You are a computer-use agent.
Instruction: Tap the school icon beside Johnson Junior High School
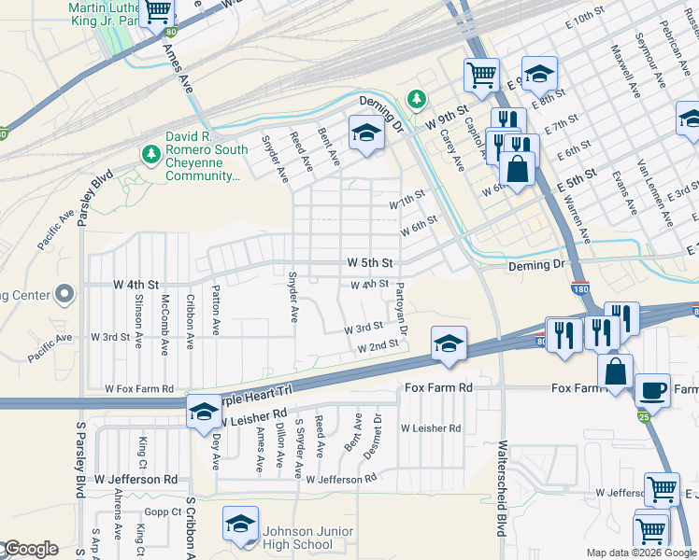click(x=240, y=524)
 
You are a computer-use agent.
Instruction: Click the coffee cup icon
click(x=652, y=389)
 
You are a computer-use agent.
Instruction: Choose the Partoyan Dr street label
click(x=402, y=308)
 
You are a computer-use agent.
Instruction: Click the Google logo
click(x=30, y=549)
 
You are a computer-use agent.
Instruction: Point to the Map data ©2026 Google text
click(x=641, y=553)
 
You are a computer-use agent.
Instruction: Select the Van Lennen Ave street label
click(x=654, y=192)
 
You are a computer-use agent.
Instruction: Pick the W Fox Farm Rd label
click(x=139, y=388)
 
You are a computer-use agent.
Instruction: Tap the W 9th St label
click(x=445, y=121)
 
